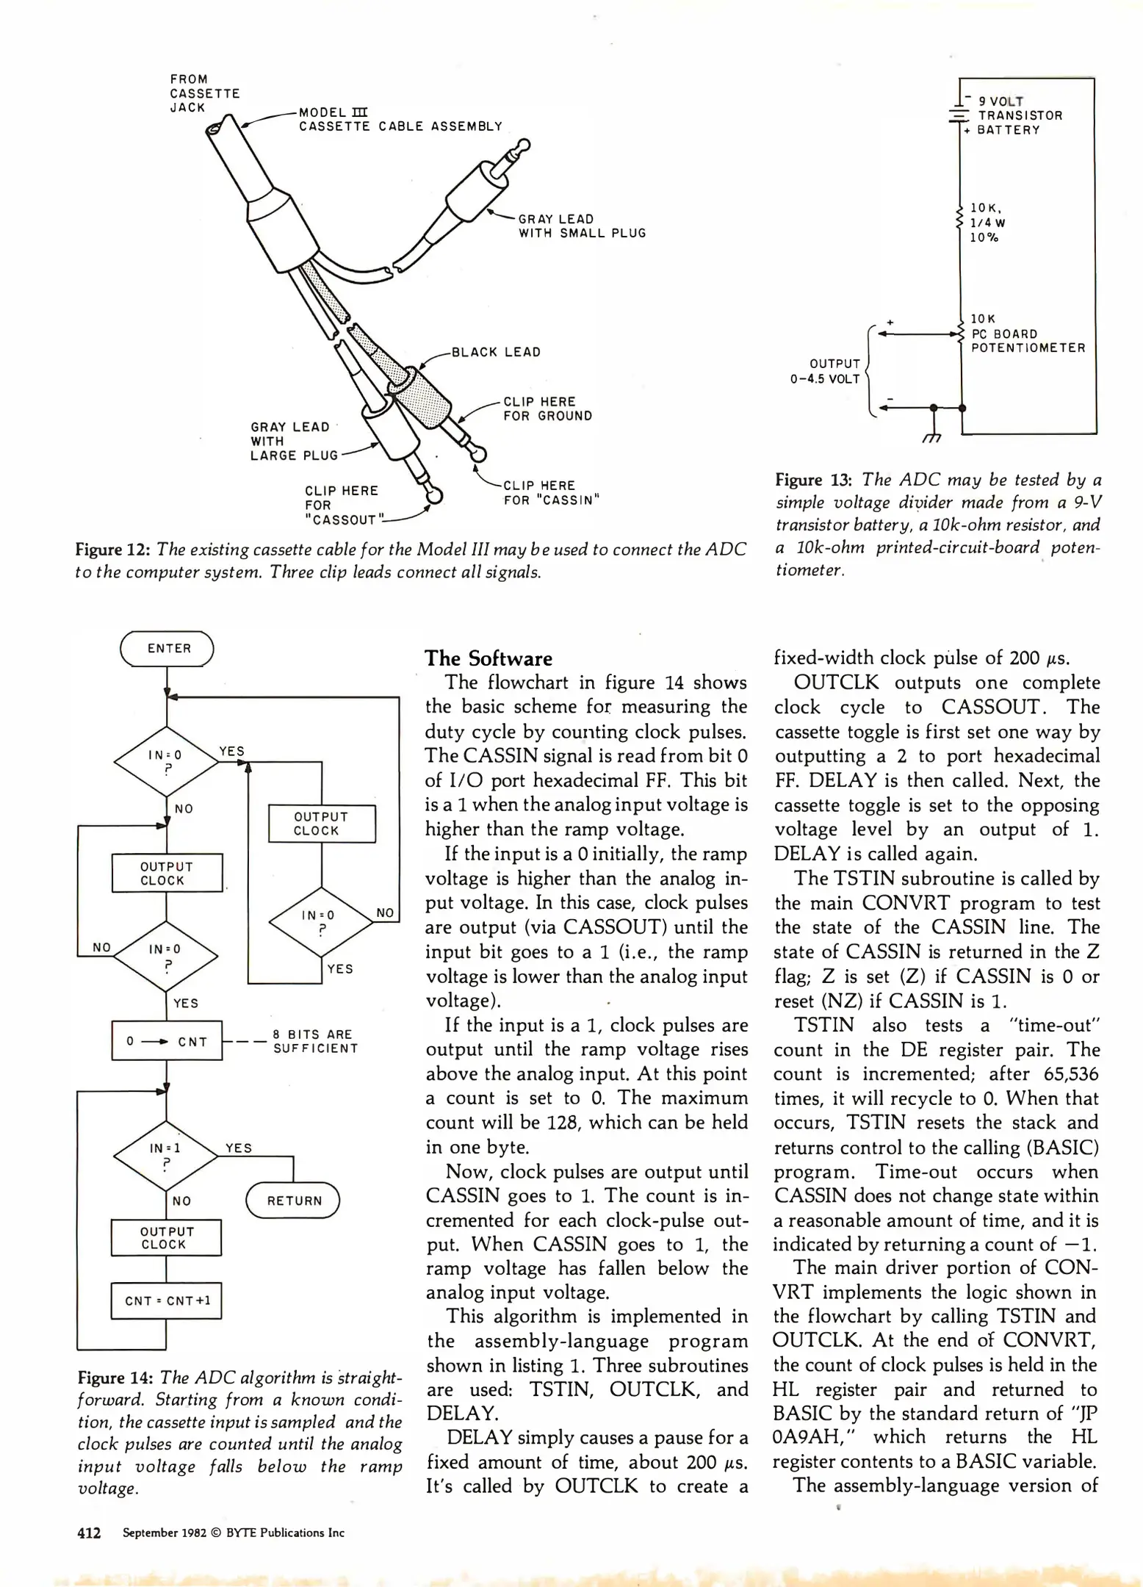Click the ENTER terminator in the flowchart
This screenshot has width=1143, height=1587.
167,649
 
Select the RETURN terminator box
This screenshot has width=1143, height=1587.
293,1201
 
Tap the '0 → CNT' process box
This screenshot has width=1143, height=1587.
167,1041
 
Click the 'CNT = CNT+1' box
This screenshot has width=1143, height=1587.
167,1300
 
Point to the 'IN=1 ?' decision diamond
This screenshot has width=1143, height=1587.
166,1156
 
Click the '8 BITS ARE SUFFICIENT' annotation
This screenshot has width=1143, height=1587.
315,1041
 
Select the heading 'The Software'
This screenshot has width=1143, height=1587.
488,658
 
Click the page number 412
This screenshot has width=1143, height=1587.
89,1533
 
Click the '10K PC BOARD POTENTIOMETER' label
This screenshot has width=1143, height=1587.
1027,334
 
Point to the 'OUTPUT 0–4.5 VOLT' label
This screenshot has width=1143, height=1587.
826,371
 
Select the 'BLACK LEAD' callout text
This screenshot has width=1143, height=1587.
496,352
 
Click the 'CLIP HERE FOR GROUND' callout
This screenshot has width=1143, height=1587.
547,409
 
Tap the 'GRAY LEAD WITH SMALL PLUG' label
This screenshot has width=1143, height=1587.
582,226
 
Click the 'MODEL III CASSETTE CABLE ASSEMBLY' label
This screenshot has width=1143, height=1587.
400,119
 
